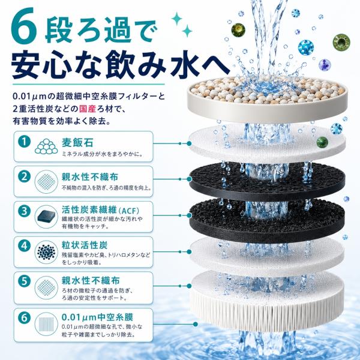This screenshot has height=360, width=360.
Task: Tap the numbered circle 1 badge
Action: point(25,142)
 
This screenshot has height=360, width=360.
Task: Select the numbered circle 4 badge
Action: point(25,246)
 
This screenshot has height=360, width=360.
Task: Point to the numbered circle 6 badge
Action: point(25,318)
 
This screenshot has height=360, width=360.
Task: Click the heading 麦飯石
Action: point(77,143)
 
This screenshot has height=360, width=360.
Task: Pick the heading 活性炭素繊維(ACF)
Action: point(100,209)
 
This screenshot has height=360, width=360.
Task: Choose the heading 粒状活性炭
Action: point(85,245)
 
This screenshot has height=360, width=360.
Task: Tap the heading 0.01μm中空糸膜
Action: point(97,317)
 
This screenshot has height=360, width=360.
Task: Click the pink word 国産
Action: point(88,109)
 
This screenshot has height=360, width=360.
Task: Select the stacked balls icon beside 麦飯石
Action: point(46,146)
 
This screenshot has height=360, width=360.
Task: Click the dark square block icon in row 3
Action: point(46,216)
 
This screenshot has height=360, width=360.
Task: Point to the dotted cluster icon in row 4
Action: point(46,252)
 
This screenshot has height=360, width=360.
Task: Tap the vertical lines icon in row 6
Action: point(46,324)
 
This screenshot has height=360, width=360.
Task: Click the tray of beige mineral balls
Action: point(268,98)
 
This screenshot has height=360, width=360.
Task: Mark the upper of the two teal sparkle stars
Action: point(177,19)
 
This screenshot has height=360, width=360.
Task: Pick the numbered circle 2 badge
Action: point(25,176)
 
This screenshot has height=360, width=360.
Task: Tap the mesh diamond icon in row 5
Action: point(46,287)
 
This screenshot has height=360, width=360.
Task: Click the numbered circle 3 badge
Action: point(25,211)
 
